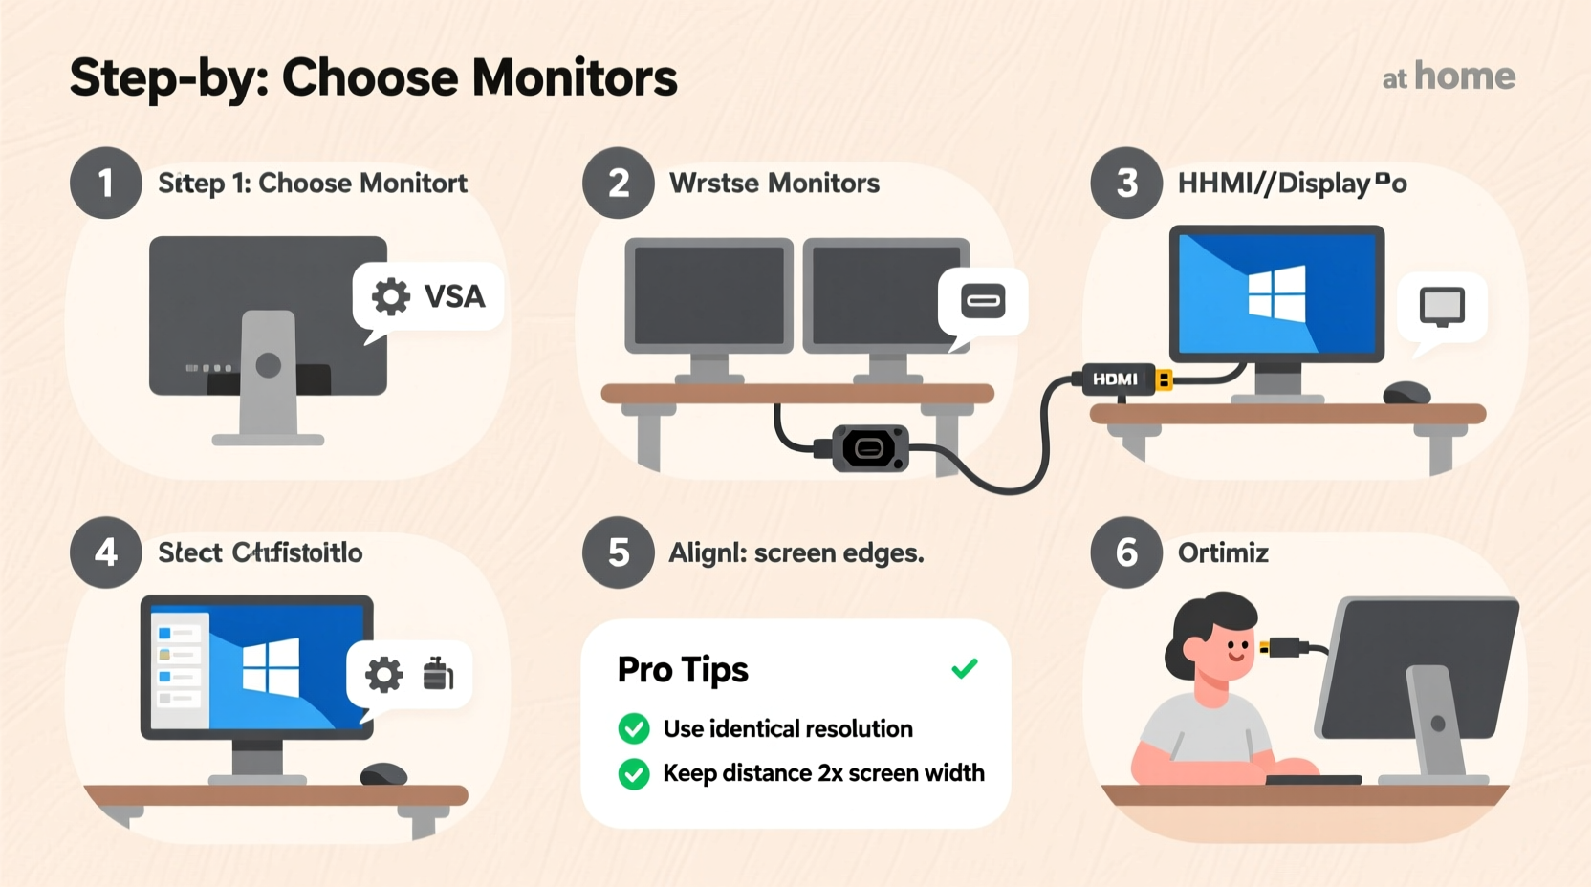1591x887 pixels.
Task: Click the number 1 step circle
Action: coord(106,183)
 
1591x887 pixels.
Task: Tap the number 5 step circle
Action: coord(619,552)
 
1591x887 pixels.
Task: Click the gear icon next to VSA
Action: coord(390,296)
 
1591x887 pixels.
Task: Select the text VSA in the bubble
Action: coord(454,296)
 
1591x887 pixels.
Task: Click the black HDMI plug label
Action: coord(1116,379)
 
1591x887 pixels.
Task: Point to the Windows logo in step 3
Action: coord(1276,292)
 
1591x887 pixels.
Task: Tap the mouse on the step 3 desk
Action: coord(1406,393)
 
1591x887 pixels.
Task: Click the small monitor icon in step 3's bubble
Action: coord(1442,307)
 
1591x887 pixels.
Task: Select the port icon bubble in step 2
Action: coord(983,302)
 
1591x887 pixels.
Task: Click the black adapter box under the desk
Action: coord(869,448)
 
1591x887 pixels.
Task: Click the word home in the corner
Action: coord(1464,76)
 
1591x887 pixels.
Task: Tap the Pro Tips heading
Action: coord(683,669)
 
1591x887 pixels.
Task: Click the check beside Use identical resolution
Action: coord(634,728)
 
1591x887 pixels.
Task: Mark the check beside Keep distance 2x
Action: coord(634,773)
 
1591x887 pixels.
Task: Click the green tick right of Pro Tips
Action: coord(965,668)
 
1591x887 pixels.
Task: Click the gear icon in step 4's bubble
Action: coord(384,675)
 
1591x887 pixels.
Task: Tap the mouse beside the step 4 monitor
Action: coord(383,773)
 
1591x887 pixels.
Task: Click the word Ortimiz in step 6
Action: coord(1223,552)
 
